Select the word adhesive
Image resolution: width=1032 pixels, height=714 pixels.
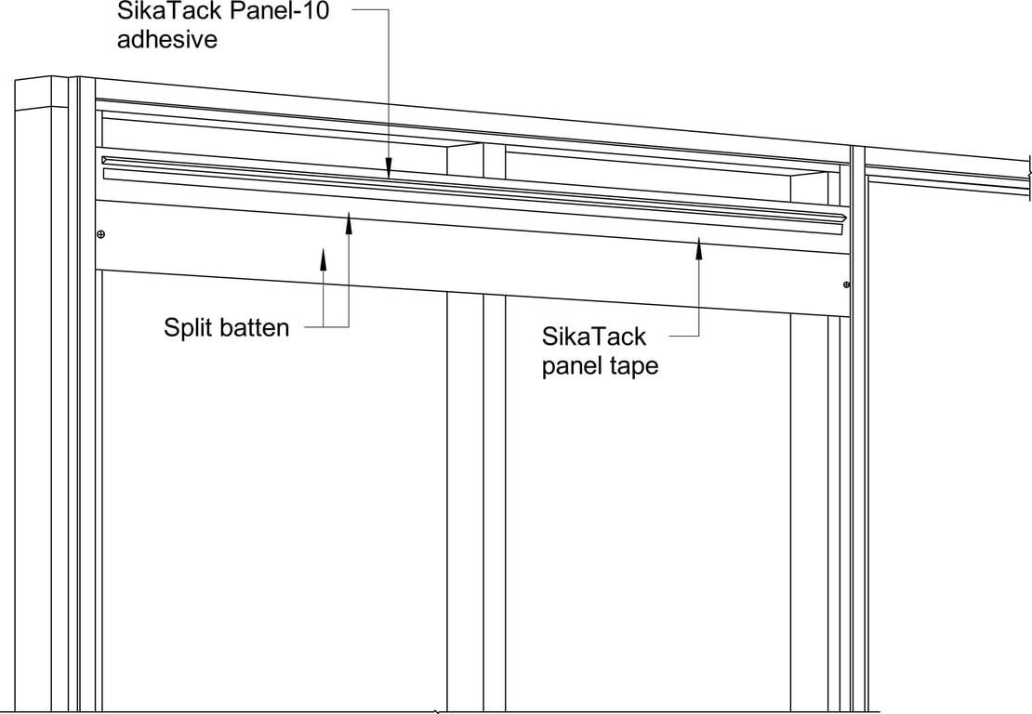[168, 39]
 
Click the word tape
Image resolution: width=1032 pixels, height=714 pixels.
[635, 366]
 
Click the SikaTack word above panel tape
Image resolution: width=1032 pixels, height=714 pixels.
[594, 337]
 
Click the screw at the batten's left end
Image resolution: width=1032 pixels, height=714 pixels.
[100, 234]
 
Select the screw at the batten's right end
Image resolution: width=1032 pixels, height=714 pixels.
[846, 284]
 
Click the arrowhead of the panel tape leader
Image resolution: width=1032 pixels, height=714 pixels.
[699, 245]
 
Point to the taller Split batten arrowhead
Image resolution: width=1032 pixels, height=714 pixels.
[350, 219]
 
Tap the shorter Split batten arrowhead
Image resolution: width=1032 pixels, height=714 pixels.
[323, 255]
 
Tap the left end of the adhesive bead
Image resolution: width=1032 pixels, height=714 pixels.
[105, 160]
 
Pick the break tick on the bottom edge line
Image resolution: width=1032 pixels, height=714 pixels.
[436, 711]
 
